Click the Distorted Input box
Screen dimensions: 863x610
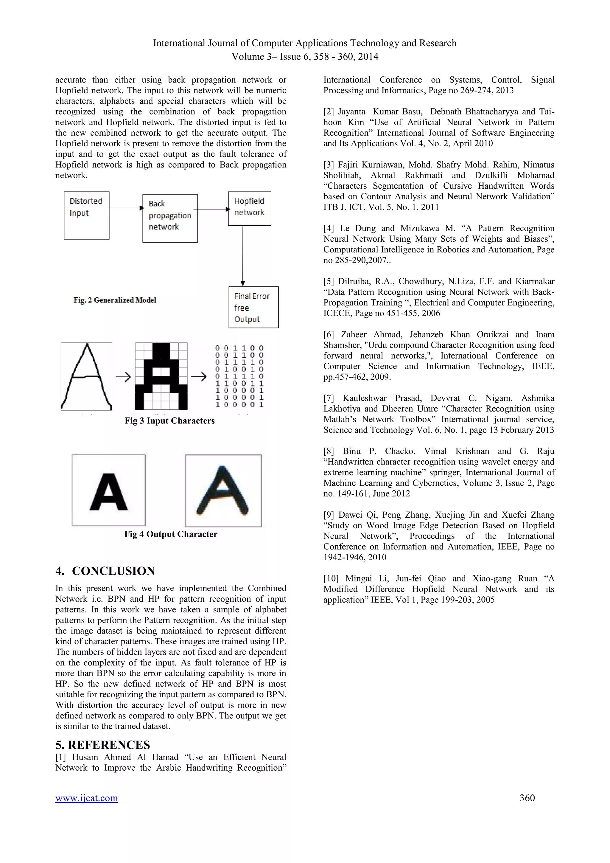86,215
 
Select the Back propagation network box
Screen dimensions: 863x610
170,218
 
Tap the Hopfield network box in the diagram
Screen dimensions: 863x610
249,209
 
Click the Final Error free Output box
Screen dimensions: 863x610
253,308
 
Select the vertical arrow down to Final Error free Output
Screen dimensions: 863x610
243,256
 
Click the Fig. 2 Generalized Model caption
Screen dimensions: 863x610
115,300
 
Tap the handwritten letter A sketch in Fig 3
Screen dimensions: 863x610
86,376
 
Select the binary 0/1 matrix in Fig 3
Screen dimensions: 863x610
239,376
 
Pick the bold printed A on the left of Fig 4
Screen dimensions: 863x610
108,490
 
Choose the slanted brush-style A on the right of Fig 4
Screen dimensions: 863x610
223,491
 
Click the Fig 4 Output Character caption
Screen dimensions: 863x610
171,534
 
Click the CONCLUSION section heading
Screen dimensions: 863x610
105,571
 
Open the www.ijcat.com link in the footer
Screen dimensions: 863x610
86,798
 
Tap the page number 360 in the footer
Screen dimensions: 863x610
527,798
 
